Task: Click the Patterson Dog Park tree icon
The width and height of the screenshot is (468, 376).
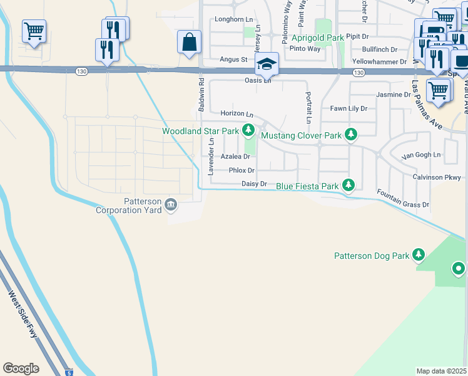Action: point(419,255)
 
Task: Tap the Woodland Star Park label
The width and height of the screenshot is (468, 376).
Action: point(200,131)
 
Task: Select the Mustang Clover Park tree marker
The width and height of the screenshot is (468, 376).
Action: point(352,135)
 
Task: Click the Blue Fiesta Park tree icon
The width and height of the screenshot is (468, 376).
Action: point(348,185)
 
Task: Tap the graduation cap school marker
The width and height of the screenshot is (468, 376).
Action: point(267,64)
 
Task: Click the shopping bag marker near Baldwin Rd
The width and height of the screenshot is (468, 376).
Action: point(189,43)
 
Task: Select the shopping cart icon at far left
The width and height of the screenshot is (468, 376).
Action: point(34,31)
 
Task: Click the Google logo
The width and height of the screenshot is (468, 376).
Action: point(21,368)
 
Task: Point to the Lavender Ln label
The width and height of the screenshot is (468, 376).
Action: point(211,157)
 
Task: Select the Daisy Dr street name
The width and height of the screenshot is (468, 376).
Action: point(255,184)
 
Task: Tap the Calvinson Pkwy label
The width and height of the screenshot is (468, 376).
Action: point(436,177)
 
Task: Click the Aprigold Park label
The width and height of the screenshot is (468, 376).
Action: point(318,38)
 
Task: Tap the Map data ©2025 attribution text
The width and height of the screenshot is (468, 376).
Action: point(442,371)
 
